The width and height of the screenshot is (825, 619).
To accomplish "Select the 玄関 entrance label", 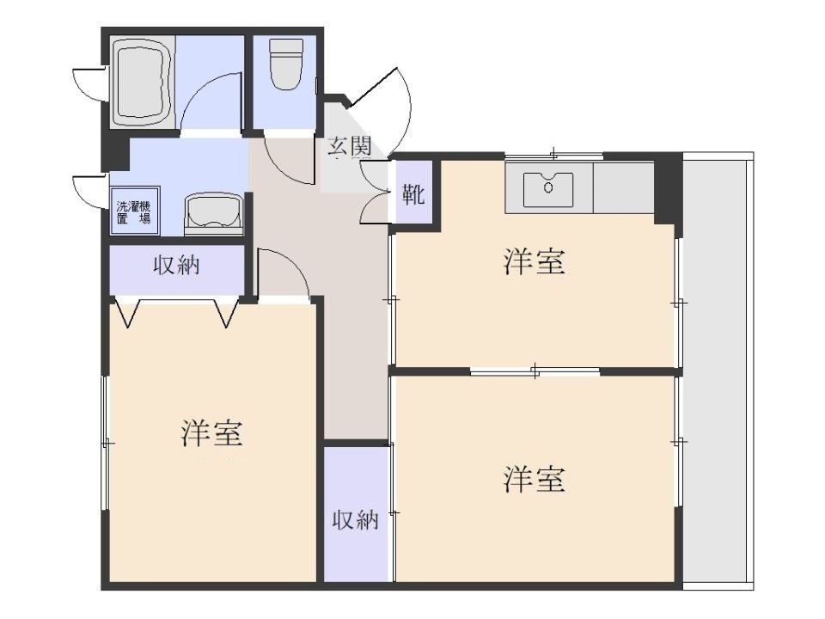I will click(x=349, y=147).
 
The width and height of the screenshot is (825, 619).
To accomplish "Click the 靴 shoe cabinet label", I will click(x=413, y=195).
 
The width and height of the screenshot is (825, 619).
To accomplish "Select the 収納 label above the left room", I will click(x=176, y=266).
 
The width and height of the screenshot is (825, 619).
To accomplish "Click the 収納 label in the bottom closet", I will click(x=355, y=519).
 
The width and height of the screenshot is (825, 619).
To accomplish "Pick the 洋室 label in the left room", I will click(x=212, y=433).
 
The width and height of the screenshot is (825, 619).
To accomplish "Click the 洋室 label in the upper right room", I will click(x=534, y=262).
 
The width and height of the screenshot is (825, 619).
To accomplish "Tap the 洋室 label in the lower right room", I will click(x=534, y=479).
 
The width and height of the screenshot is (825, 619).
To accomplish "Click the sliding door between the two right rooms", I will click(x=535, y=371).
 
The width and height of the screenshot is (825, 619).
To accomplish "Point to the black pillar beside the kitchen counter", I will click(x=667, y=190).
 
